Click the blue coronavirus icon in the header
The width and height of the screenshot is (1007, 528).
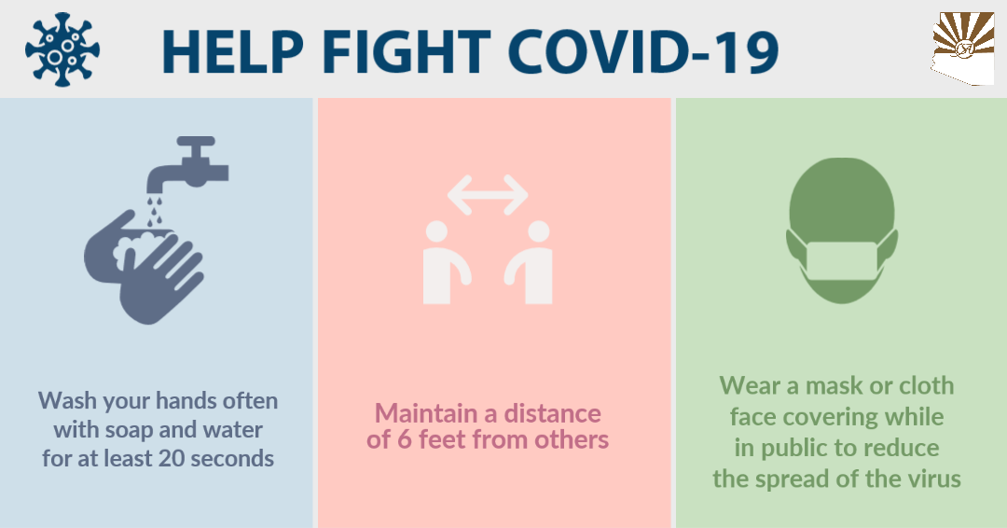62,49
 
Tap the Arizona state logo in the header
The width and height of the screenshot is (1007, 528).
963,49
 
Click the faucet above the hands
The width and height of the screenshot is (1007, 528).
187,163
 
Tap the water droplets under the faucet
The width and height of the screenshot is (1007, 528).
154,212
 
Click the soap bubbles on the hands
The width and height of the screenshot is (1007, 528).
137,248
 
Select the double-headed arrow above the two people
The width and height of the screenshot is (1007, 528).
488,195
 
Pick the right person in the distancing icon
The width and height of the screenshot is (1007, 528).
531,263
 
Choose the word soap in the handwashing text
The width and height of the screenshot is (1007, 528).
129,431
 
